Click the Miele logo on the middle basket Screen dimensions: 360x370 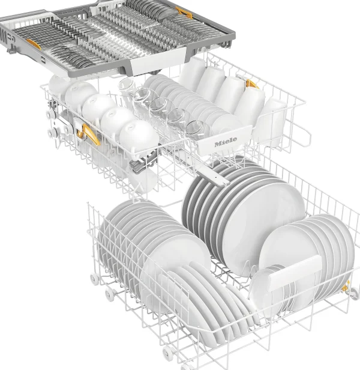coord(226,141)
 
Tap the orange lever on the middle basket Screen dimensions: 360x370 coord(88,135)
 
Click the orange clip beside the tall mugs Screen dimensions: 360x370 coord(251,84)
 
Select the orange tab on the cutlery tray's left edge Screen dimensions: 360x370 coord(34,44)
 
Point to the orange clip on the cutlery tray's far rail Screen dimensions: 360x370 coord(184,12)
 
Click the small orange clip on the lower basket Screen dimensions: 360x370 coord(346,287)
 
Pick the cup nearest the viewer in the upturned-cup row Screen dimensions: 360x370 coord(139,136)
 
